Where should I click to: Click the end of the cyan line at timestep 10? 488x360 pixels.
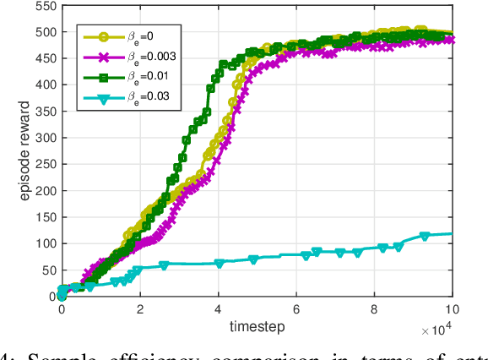[453, 234]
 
